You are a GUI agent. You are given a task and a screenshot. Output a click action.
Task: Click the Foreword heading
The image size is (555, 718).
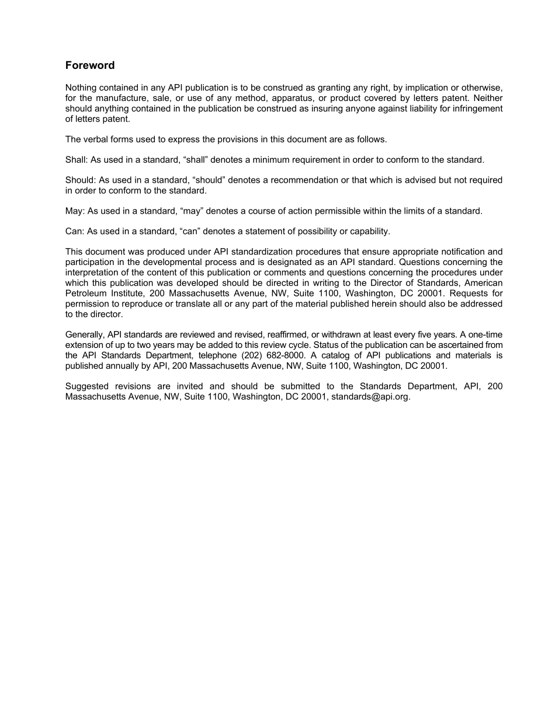90,65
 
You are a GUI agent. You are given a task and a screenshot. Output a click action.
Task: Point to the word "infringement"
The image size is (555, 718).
477,109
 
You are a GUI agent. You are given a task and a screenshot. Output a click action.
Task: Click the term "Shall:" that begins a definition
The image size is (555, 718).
77,160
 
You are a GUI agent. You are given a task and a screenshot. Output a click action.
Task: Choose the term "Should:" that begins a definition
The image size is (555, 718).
81,180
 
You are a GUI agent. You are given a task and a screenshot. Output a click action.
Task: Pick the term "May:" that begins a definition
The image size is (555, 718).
75,211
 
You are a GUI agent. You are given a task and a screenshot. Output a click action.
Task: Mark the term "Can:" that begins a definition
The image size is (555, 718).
75,231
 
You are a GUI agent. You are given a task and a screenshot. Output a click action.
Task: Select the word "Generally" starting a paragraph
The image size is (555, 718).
85,334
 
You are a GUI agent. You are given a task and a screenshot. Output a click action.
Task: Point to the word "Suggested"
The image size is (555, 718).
87,386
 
